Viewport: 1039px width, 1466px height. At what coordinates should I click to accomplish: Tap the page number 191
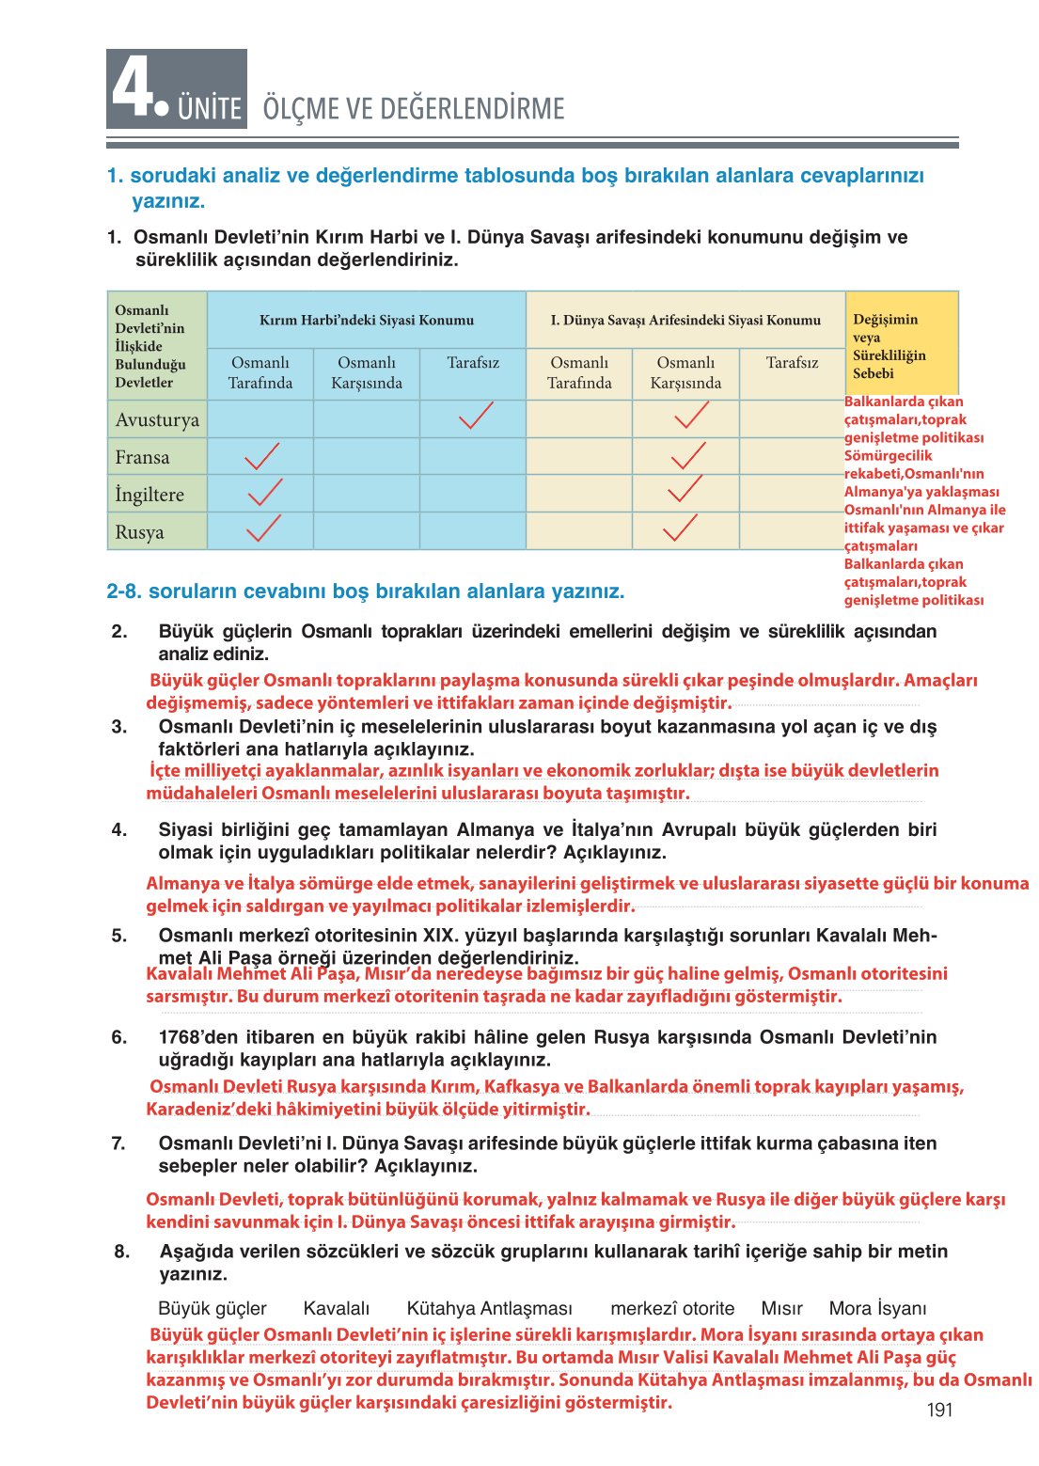[x=939, y=1410]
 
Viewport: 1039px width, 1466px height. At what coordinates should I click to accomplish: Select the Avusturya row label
[x=157, y=419]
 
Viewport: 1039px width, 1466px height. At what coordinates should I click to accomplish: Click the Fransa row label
[x=143, y=457]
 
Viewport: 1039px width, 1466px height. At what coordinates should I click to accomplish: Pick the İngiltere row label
[x=150, y=495]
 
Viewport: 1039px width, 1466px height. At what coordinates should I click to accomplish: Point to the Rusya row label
[x=139, y=532]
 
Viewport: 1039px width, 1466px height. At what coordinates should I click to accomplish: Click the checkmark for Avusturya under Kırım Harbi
[x=476, y=416]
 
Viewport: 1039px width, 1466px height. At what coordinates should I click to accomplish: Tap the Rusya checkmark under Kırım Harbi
[x=263, y=528]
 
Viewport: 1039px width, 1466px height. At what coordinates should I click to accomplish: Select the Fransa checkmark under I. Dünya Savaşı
[x=687, y=456]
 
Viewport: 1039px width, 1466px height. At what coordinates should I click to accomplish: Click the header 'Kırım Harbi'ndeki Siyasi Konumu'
[x=367, y=321]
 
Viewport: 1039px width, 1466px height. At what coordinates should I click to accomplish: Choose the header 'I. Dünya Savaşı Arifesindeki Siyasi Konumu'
[x=685, y=321]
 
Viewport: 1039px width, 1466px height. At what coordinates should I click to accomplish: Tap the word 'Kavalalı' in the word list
[x=337, y=1308]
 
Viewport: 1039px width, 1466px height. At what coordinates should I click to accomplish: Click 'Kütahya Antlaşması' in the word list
[x=489, y=1308]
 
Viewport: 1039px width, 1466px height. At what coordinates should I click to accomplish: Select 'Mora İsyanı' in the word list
[x=877, y=1308]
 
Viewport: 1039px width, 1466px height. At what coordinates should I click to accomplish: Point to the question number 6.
[x=118, y=1037]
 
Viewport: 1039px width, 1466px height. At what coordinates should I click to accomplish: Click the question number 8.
[x=122, y=1252]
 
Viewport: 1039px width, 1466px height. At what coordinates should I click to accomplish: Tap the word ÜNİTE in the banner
[x=210, y=108]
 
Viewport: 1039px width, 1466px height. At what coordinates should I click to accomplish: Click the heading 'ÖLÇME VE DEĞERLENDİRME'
[x=414, y=108]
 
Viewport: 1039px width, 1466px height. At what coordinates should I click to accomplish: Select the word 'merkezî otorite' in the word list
[x=672, y=1308]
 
